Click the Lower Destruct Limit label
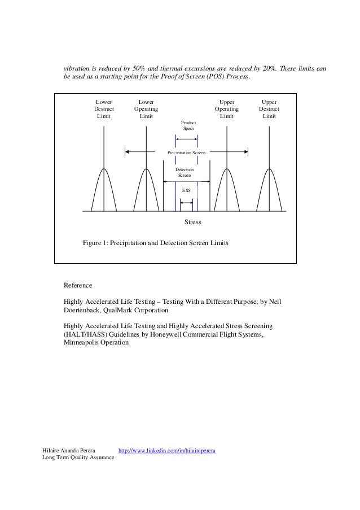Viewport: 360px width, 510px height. (104, 108)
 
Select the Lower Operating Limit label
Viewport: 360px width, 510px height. (146, 108)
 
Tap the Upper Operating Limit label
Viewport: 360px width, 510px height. (226, 108)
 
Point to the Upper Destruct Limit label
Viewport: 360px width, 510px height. (269, 108)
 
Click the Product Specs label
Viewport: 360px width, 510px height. (187, 125)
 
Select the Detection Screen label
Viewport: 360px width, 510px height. (185, 172)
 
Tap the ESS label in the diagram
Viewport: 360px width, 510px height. (186, 191)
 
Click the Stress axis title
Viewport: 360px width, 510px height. (193, 223)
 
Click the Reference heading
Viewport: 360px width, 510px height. (78, 285)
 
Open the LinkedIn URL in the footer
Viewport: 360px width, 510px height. (167, 450)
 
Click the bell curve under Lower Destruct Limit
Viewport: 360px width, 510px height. (104, 189)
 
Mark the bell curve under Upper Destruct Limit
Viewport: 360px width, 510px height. (269, 189)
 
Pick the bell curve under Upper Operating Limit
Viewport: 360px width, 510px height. (227, 189)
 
